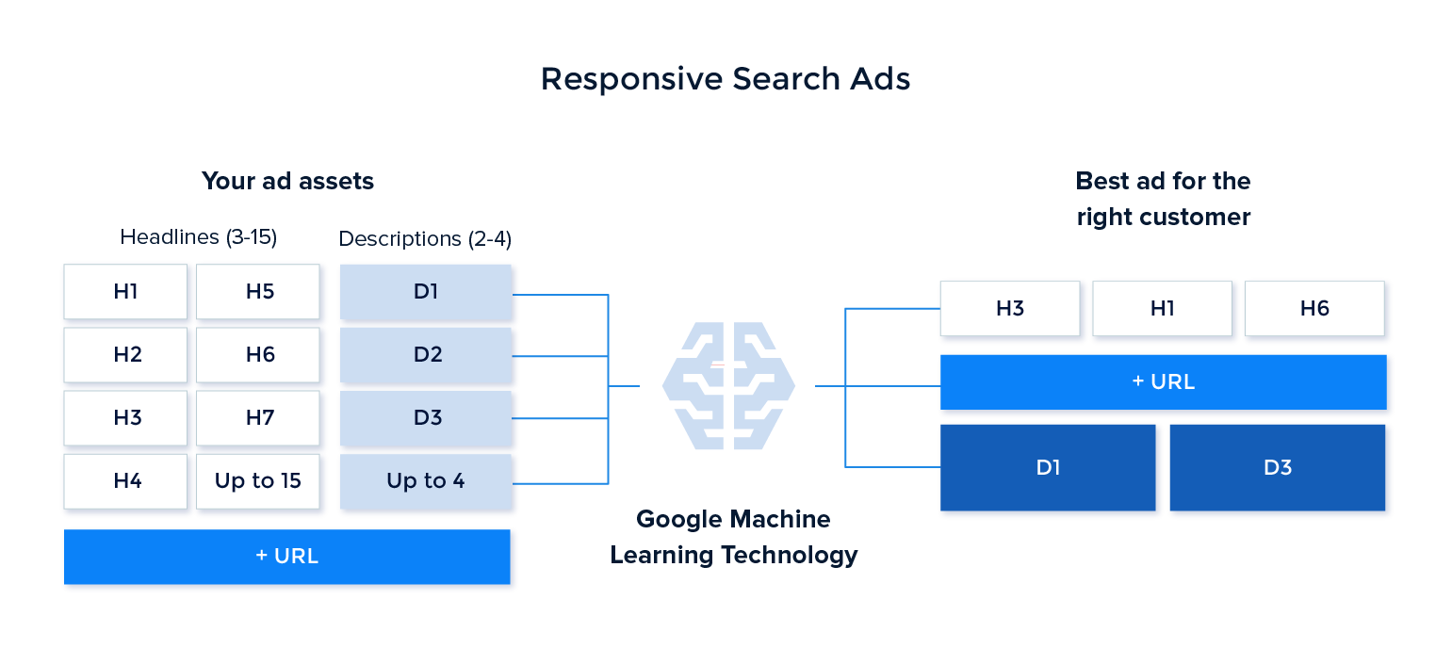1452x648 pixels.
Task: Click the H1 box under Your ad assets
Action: coord(126,292)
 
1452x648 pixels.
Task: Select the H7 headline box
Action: coord(259,417)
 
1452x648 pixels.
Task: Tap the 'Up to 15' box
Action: coord(258,481)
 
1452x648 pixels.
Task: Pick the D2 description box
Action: coord(427,355)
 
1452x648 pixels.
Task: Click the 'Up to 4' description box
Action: coord(426,481)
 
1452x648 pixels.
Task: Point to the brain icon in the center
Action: coord(728,386)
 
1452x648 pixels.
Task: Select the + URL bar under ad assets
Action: coord(287,557)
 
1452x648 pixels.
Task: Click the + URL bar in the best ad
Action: coord(1164,382)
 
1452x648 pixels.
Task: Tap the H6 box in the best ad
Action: coord(1314,308)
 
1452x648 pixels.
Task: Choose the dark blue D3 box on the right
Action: coord(1278,468)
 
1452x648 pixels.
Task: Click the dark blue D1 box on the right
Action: coord(1049,468)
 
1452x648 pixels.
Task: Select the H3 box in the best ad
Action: coord(1010,308)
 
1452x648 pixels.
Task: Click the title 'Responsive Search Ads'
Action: coord(726,79)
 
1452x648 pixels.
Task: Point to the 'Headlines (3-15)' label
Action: coord(198,237)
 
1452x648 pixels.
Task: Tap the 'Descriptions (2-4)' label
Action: coord(425,239)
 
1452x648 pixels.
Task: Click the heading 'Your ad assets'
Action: coord(287,181)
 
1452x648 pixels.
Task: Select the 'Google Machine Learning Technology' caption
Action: coord(734,537)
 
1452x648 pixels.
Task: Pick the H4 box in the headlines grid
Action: coord(126,481)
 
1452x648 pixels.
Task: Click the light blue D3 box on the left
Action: coord(427,418)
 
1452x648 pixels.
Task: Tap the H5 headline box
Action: coord(259,292)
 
